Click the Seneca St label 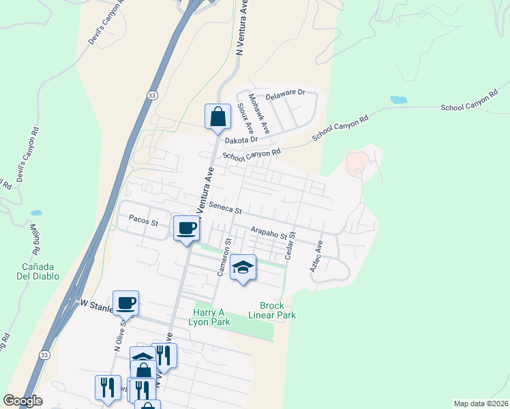(226, 207)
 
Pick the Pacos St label (143, 222)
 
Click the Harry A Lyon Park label (209, 316)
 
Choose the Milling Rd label (34, 239)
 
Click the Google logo (22, 401)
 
